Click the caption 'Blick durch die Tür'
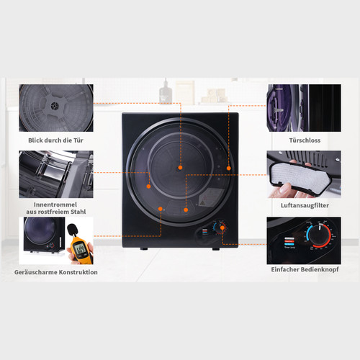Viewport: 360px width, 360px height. (x=55, y=140)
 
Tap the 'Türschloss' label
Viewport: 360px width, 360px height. (x=305, y=140)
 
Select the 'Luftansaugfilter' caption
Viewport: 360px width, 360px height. (x=305, y=205)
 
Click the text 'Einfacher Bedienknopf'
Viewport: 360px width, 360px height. (x=305, y=269)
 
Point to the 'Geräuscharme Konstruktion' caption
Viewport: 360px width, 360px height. (x=56, y=272)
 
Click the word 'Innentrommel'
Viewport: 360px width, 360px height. (x=55, y=204)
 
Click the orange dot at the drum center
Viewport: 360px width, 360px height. (x=180, y=168)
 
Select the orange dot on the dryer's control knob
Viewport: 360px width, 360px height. (x=222, y=228)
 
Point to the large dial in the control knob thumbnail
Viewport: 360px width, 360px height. (x=320, y=235)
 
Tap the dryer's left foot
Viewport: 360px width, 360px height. (x=144, y=249)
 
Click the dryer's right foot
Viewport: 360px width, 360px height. (x=216, y=249)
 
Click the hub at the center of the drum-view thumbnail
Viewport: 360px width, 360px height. (x=54, y=106)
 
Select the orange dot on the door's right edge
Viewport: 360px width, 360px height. (x=229, y=168)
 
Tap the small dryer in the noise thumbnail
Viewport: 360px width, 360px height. (x=45, y=235)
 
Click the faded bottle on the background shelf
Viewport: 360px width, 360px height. (x=166, y=91)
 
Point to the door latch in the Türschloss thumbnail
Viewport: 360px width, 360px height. (x=279, y=110)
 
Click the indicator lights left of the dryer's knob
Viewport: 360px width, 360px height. (x=205, y=231)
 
